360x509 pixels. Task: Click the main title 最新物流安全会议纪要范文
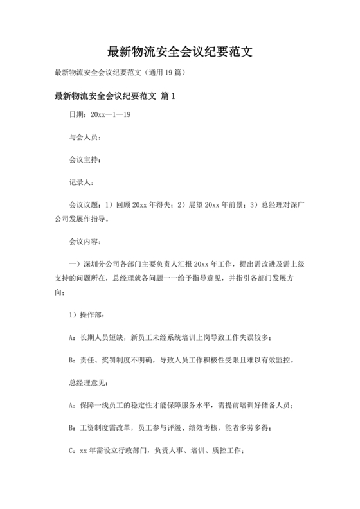click(179, 51)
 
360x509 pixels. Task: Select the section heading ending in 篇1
click(115, 96)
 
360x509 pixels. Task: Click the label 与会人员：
click(84, 137)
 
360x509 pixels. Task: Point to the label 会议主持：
click(84, 159)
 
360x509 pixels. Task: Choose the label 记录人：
click(81, 183)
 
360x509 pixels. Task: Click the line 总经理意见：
click(84, 383)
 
